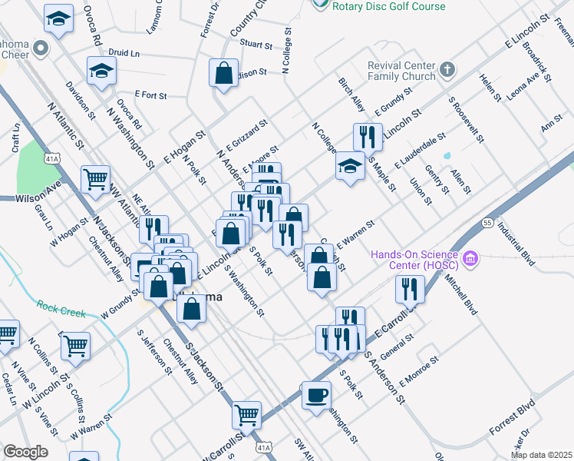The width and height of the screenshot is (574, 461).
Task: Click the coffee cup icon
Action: (315, 396)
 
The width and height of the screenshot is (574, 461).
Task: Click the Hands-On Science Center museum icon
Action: (471, 260)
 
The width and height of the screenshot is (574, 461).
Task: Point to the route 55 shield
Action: (487, 222)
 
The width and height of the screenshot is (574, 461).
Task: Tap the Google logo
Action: (25, 452)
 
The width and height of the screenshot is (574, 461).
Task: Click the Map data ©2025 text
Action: (541, 455)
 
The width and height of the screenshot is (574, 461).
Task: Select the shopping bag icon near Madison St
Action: (223, 75)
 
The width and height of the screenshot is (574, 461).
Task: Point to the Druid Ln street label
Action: (124, 54)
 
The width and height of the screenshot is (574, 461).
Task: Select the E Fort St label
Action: (150, 95)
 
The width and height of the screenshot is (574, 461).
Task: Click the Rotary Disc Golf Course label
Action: (390, 6)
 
